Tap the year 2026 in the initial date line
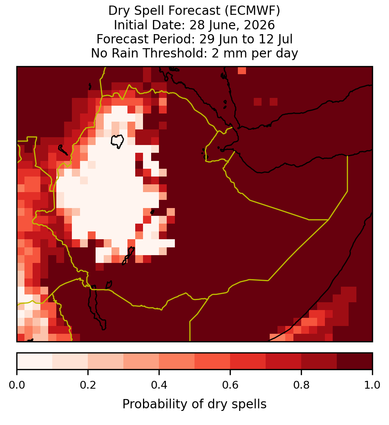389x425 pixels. [x=259, y=25]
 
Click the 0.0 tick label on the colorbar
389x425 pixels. [x=17, y=385]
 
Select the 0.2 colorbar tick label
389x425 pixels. [x=88, y=385]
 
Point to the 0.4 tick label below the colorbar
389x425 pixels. [x=159, y=385]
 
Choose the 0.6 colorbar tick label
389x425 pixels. [x=230, y=385]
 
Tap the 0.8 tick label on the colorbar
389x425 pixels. [x=301, y=385]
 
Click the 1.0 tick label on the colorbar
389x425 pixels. [x=372, y=385]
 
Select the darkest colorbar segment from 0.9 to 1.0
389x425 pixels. [x=355, y=361]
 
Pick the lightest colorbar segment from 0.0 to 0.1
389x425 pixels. [x=35, y=361]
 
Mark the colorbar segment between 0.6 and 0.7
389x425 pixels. [x=248, y=361]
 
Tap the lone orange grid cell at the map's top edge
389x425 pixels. [x=242, y=70]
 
